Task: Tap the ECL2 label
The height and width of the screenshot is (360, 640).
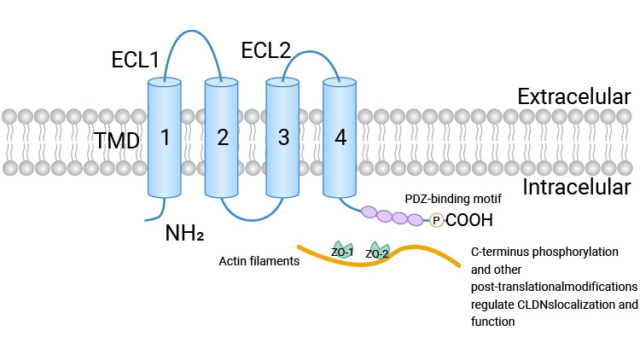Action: tap(266, 49)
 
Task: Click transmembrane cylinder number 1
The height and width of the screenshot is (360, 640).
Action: tap(165, 136)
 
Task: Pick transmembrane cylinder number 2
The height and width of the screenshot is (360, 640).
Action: tap(222, 136)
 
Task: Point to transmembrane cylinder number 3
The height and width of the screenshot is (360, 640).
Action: tap(283, 136)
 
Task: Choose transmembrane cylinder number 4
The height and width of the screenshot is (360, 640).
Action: tap(340, 136)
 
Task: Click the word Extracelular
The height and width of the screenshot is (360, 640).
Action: tap(573, 96)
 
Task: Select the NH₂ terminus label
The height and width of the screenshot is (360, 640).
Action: tap(183, 231)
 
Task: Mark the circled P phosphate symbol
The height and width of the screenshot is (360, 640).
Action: tap(436, 220)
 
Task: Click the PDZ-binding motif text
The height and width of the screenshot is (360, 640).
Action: tap(452, 199)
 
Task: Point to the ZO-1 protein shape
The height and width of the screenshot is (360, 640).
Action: tap(342, 250)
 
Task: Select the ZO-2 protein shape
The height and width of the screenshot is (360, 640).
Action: tap(377, 251)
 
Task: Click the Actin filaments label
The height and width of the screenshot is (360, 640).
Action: tap(259, 261)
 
